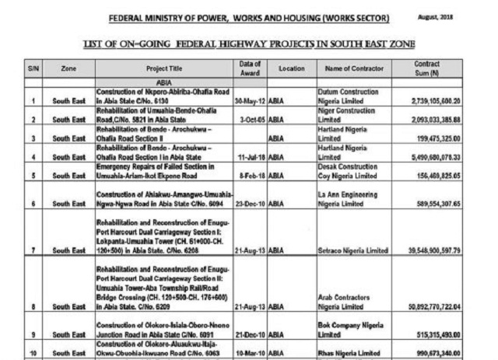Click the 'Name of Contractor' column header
point(354,68)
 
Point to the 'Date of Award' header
point(251,68)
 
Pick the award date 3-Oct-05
point(251,121)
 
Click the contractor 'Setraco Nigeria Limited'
point(353,251)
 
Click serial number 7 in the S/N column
point(33,251)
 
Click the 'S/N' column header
point(33,68)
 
